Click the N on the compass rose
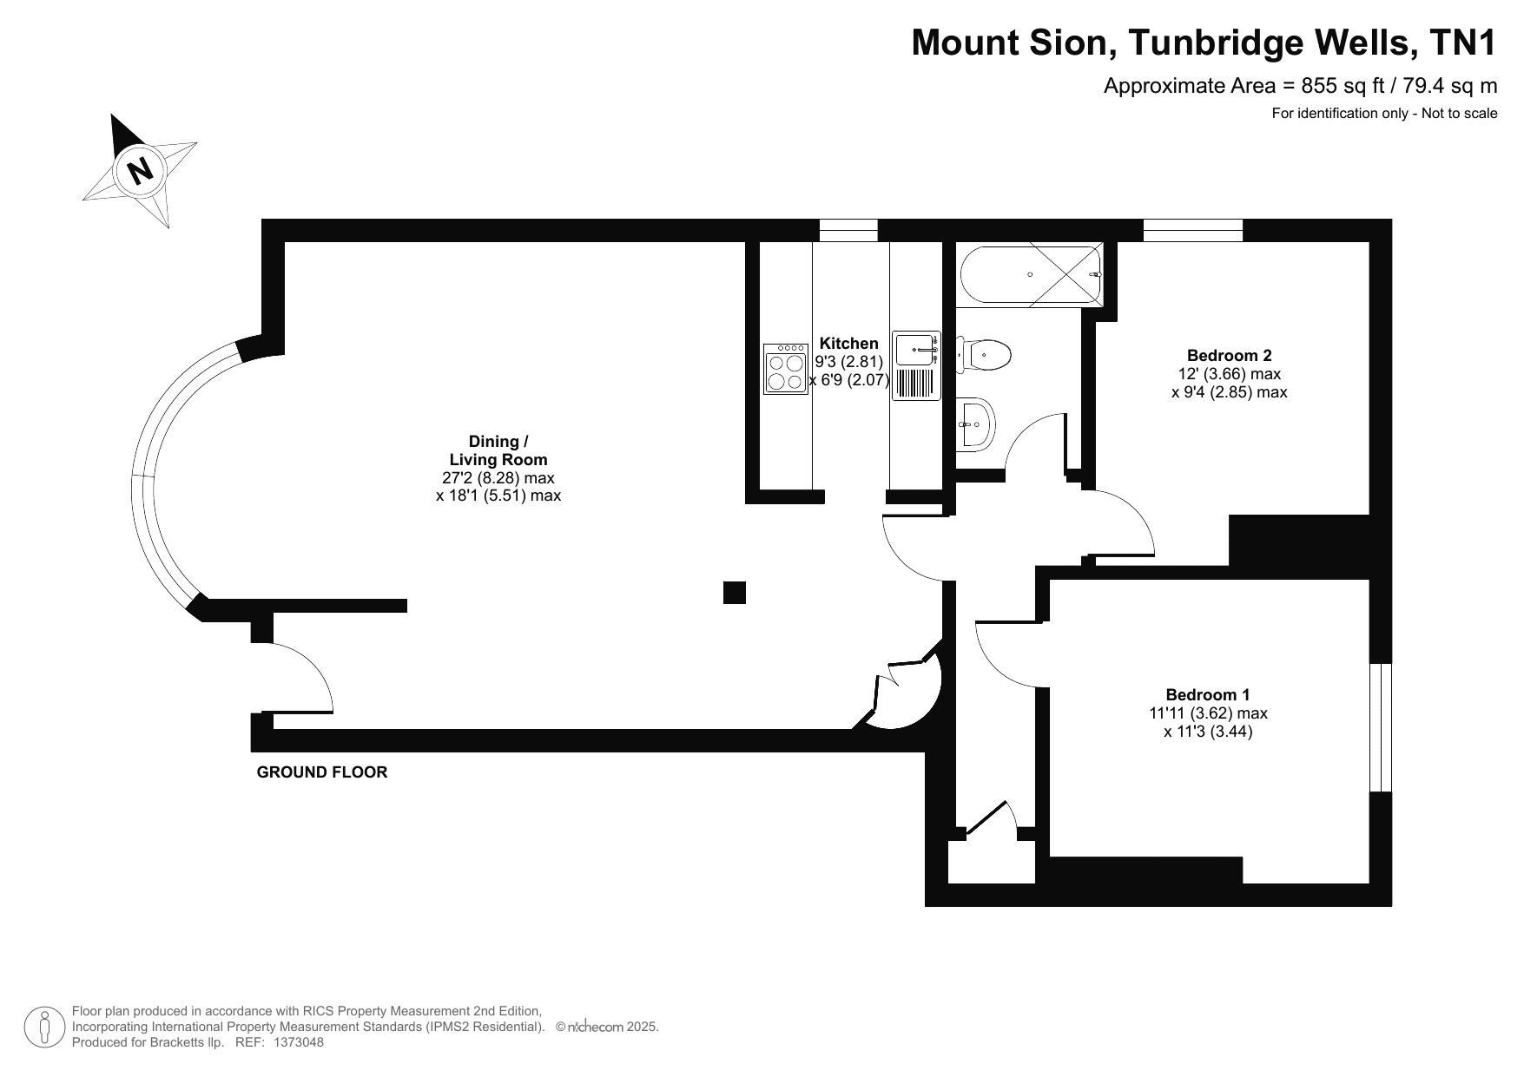click(x=139, y=169)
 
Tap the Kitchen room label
click(x=848, y=344)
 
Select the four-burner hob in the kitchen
click(x=786, y=369)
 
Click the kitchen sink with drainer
click(x=916, y=366)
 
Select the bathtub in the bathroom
click(x=1031, y=274)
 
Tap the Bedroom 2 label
click(x=1229, y=355)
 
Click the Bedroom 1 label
click(x=1207, y=694)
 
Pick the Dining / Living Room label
click(x=498, y=450)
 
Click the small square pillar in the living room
click(x=735, y=593)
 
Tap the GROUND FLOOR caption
click(x=322, y=772)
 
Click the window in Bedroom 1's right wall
click(x=1381, y=728)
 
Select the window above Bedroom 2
click(x=1193, y=230)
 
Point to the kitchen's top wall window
click(x=848, y=230)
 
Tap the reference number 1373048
click(x=299, y=1042)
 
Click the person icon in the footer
click(x=43, y=1028)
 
